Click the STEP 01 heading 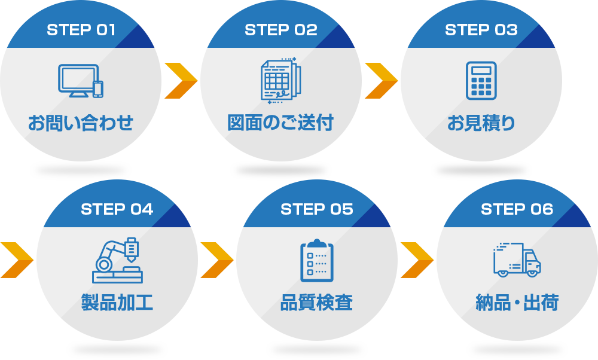click(x=81, y=30)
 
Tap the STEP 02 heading click(x=280, y=30)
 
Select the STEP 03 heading click(x=481, y=30)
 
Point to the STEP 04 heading click(x=117, y=209)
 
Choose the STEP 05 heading click(x=316, y=209)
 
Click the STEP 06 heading click(x=517, y=209)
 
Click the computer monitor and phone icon click(x=81, y=81)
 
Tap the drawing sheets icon click(x=280, y=81)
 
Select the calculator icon click(x=481, y=80)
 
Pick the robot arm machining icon click(x=117, y=260)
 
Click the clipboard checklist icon click(x=317, y=260)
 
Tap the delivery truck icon click(x=517, y=260)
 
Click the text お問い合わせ click(x=81, y=123)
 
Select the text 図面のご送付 click(x=280, y=123)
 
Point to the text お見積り click(x=481, y=123)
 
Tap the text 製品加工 click(x=117, y=303)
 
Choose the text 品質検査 click(x=316, y=303)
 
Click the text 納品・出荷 click(x=517, y=303)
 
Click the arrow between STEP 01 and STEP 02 click(x=180, y=81)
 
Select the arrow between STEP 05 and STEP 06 click(x=417, y=260)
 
